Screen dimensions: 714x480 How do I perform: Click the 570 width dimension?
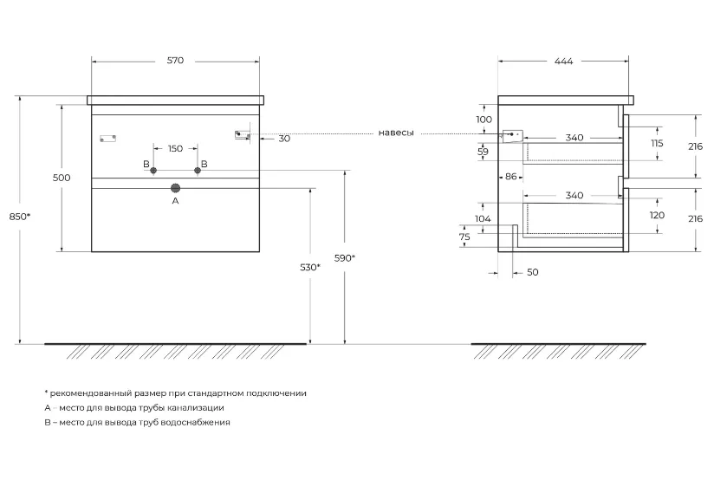[175, 61]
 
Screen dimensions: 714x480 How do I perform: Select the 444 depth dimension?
[564, 61]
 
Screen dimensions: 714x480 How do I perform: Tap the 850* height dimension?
[20, 217]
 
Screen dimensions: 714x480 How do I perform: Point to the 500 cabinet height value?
[62, 178]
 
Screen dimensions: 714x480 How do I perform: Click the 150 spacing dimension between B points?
[175, 148]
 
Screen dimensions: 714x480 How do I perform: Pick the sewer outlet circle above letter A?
[175, 188]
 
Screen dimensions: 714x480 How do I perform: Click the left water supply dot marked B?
[153, 171]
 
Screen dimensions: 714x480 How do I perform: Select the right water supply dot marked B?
[198, 171]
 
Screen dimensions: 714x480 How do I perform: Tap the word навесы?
[396, 133]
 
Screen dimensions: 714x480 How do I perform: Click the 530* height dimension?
[310, 268]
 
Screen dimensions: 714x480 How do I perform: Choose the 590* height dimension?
[345, 258]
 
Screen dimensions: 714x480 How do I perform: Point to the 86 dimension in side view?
[511, 176]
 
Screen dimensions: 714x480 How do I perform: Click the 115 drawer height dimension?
[657, 143]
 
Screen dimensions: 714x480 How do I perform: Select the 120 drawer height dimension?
[657, 215]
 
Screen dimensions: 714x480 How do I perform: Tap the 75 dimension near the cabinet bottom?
[464, 237]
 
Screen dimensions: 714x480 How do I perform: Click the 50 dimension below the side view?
[532, 272]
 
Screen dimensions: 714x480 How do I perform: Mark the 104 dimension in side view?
[483, 218]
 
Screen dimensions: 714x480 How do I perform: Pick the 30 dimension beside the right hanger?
[284, 139]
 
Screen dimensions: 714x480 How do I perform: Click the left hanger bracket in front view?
[108, 138]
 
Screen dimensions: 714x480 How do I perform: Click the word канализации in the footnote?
[196, 408]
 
